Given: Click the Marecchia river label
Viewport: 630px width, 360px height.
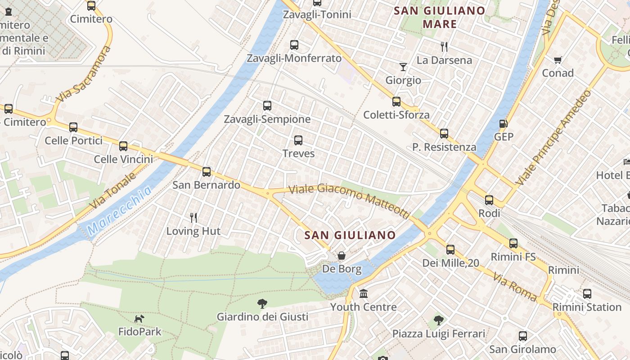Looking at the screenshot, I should point(120,211).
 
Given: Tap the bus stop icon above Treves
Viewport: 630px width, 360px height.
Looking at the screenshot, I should point(298,140).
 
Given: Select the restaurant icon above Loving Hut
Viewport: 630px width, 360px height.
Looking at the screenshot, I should point(193,218).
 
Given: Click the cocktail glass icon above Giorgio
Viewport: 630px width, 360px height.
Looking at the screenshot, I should point(403,67).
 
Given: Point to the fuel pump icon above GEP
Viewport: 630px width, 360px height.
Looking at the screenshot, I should point(503,123).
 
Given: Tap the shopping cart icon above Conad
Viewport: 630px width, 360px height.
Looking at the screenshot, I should point(558,60).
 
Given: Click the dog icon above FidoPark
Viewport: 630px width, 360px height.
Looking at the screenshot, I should point(139,319).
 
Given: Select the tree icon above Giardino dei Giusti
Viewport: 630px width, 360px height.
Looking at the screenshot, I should point(262,303).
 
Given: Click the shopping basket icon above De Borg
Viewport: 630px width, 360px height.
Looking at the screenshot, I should point(342,256).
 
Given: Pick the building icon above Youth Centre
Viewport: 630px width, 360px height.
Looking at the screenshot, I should point(364,293).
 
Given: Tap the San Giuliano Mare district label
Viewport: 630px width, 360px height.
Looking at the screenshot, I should point(440,17).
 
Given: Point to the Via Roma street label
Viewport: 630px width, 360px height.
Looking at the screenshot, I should point(515,287).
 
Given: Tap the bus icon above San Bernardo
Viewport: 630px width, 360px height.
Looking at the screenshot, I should point(207,171).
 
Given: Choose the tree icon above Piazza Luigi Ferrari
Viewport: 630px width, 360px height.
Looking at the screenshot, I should point(438,320).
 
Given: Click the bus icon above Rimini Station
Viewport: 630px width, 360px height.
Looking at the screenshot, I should point(587,294).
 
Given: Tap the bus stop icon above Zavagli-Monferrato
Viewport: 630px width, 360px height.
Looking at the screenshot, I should point(294,45).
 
